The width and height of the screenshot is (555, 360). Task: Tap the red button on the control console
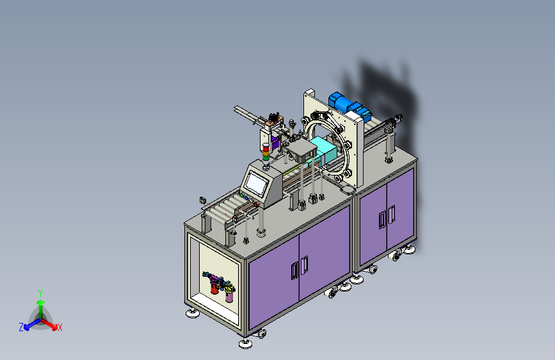[256, 204]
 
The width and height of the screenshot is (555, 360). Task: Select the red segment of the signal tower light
[266, 149]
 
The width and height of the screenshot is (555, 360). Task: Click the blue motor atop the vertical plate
[350, 104]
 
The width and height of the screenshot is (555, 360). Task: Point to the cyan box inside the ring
[323, 151]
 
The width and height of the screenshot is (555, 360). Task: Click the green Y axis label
[40, 293]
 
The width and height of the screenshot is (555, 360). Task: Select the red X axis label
[60, 328]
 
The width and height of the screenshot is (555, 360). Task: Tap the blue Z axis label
[21, 327]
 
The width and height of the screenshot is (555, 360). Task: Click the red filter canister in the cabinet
[214, 287]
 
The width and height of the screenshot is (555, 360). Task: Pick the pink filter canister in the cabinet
[229, 295]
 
